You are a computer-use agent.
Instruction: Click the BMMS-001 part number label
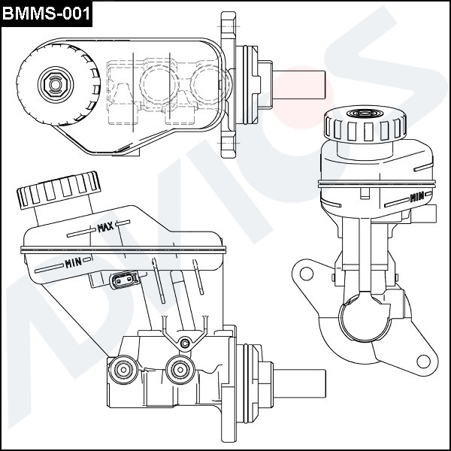click(47, 13)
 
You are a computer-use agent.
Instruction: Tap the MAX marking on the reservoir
click(105, 226)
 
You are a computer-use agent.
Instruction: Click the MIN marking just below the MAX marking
click(73, 262)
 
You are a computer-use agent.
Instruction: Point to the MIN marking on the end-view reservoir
click(416, 197)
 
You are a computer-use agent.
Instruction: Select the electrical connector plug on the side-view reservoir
click(124, 280)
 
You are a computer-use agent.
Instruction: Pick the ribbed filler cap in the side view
click(58, 189)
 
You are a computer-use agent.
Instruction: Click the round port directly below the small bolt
click(179, 368)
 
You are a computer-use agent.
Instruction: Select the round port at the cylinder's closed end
click(122, 368)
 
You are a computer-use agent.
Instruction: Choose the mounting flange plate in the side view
click(229, 383)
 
